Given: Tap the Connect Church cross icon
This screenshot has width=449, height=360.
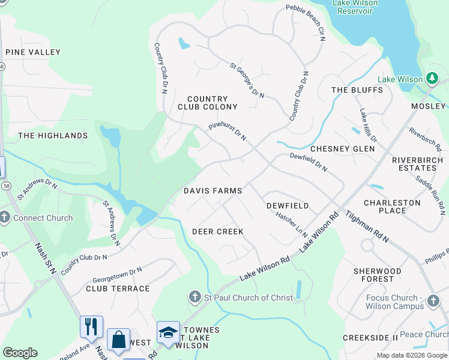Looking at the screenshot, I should [5, 218].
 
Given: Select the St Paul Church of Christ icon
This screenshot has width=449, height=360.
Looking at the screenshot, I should [194, 298].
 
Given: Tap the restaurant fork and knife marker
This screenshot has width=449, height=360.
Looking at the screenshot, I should [91, 326].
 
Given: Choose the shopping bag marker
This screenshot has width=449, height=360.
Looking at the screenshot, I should [118, 339].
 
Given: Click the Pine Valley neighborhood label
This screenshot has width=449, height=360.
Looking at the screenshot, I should [32, 52].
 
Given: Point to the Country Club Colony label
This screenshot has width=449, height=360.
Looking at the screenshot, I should [207, 103].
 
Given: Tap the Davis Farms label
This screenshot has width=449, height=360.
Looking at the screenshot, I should [212, 191].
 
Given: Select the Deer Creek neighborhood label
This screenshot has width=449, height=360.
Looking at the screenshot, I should [217, 232].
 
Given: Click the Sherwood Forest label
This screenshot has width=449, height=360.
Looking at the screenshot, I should [377, 275].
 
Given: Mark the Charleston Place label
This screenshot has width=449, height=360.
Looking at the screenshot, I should [393, 206].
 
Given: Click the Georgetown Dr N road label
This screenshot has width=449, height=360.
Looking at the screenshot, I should [117, 275].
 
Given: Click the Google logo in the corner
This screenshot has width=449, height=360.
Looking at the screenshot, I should [20, 353].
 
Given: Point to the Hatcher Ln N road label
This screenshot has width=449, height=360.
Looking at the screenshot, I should [292, 225].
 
